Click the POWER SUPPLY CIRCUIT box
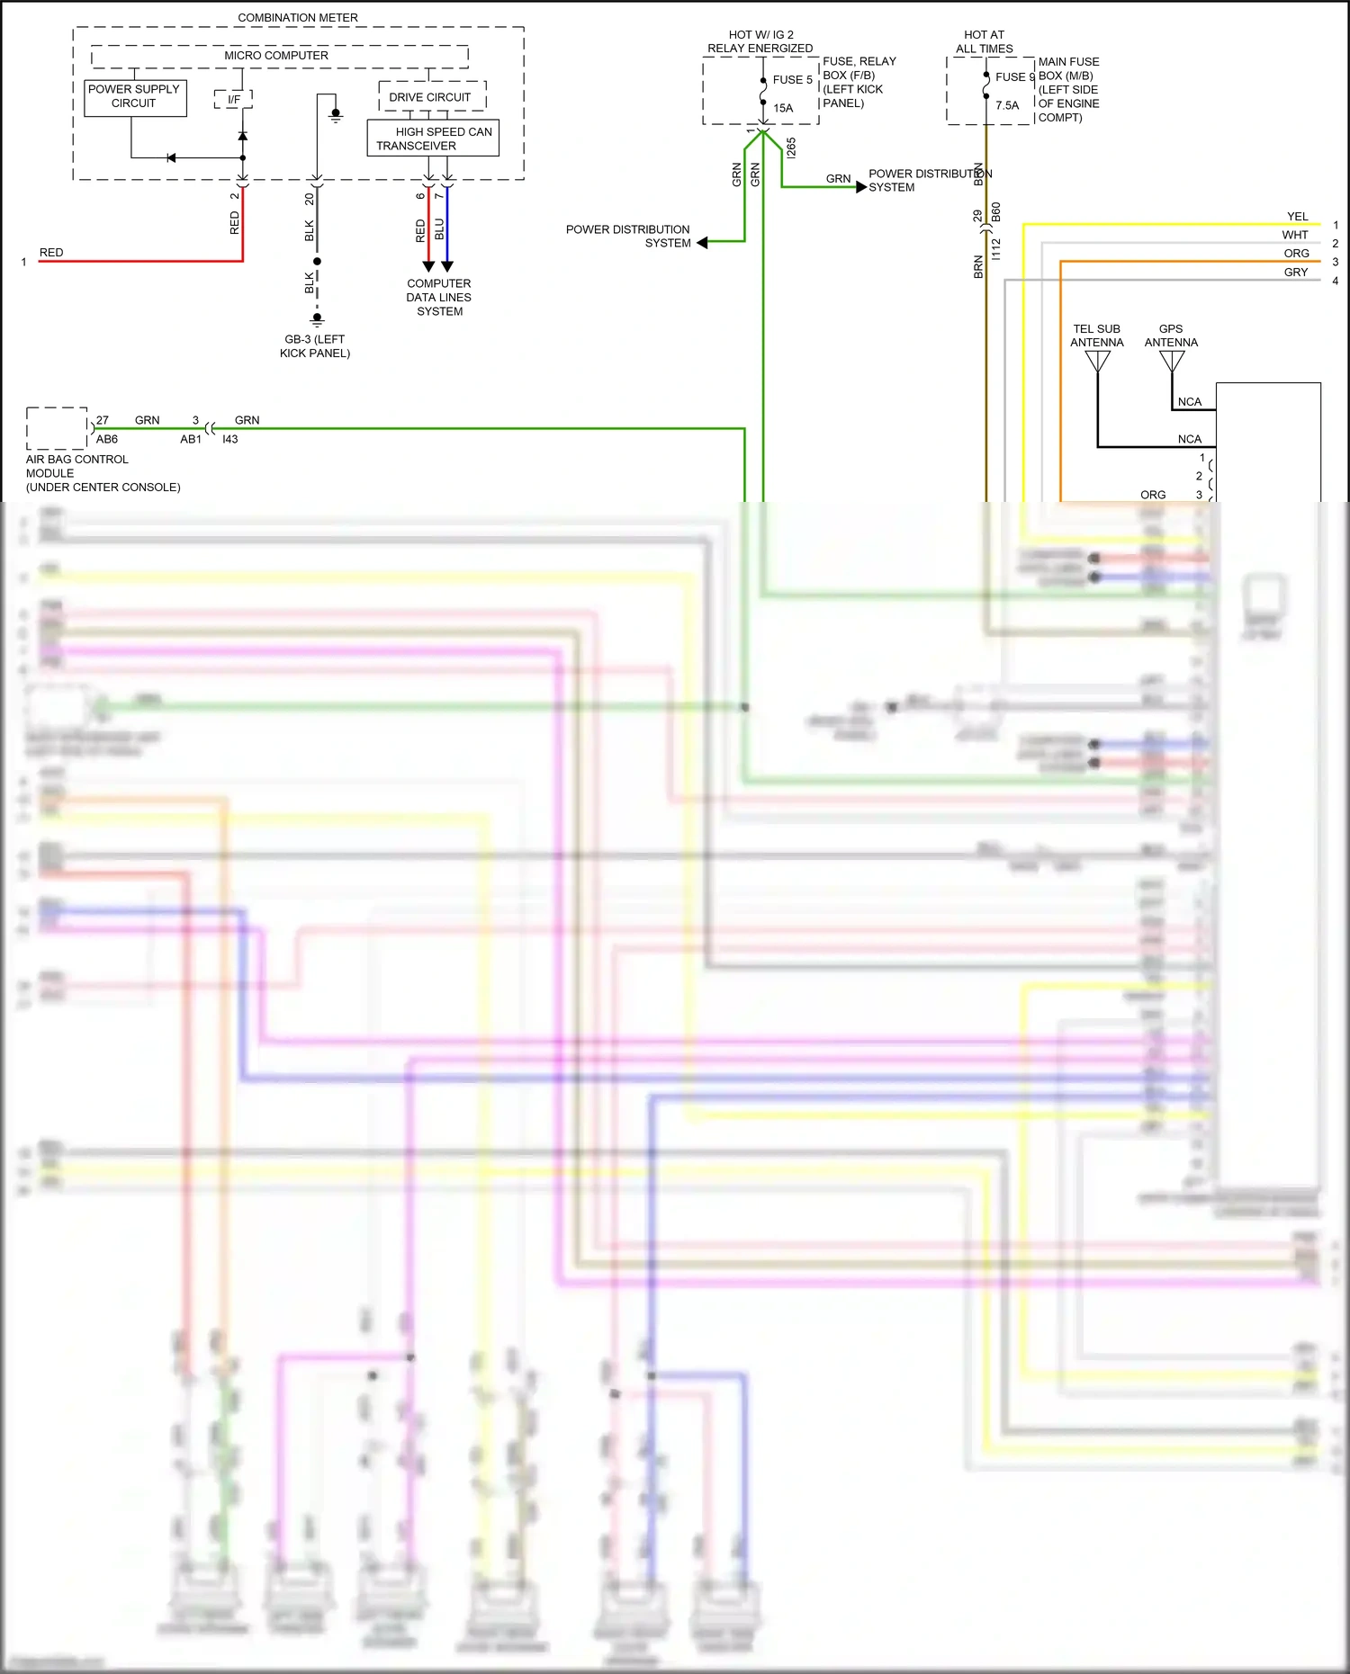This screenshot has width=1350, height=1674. click(x=135, y=97)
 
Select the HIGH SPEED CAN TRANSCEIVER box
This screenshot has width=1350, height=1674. click(x=433, y=139)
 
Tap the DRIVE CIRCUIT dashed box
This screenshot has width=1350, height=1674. click(x=432, y=96)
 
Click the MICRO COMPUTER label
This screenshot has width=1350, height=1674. click(x=276, y=56)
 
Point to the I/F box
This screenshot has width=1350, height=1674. click(x=234, y=99)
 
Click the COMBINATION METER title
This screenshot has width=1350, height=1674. click(x=298, y=18)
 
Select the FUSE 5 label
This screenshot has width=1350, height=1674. click(x=792, y=80)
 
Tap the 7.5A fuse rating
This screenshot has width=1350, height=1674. click(x=1007, y=106)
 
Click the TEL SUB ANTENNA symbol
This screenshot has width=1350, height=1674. click(x=1097, y=362)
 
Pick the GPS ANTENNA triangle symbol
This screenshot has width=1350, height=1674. click(x=1172, y=362)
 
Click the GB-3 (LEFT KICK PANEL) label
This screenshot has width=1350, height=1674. click(x=315, y=346)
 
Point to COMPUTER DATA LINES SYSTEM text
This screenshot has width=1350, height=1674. click(x=439, y=298)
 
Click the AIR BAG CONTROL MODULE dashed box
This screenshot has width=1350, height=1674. click(x=57, y=428)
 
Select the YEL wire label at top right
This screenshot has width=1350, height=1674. click(x=1297, y=217)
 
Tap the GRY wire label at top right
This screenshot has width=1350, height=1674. click(x=1296, y=273)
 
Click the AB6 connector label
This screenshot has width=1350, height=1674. click(x=107, y=440)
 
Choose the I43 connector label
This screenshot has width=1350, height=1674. click(x=230, y=440)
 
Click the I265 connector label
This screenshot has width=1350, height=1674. click(x=791, y=148)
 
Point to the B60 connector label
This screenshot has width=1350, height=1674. click(x=996, y=212)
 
